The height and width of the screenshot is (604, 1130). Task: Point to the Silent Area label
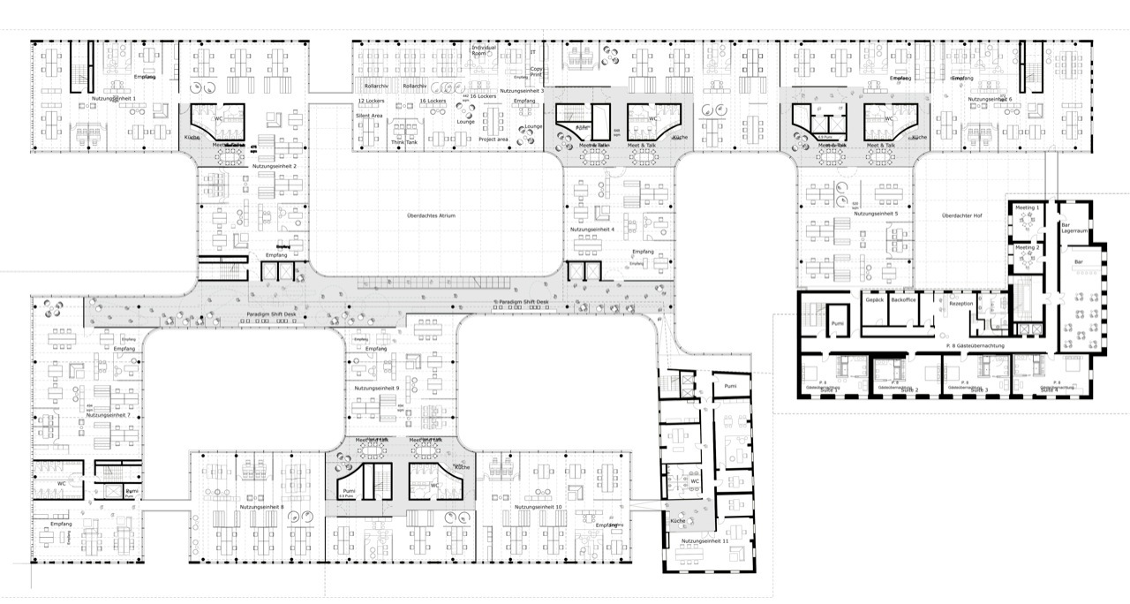pos(369,116)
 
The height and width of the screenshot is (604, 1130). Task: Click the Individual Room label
pos(485,49)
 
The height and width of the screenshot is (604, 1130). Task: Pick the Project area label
pos(493,140)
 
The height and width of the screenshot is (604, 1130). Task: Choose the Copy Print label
pos(536,72)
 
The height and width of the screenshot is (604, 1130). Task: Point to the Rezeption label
pos(961,304)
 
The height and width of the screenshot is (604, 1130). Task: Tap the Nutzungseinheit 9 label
pos(377,388)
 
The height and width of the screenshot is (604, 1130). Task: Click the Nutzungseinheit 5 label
pos(876,214)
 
